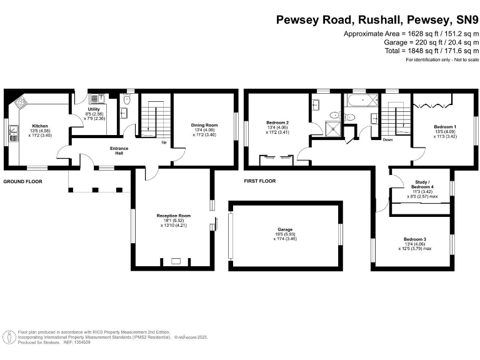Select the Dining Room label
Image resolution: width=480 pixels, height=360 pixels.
(x=204, y=125)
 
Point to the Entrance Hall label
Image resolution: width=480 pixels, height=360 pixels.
(x=119, y=151)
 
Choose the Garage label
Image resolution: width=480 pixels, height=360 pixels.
(x=284, y=229)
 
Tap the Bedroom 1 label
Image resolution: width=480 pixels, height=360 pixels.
(x=445, y=126)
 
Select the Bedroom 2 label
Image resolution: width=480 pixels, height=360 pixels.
(x=277, y=124)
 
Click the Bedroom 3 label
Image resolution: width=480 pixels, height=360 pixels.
(x=414, y=240)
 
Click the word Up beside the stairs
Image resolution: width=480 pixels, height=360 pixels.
(x=164, y=142)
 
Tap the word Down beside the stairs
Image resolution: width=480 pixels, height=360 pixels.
(x=387, y=140)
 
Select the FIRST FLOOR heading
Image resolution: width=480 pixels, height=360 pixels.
(x=260, y=181)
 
